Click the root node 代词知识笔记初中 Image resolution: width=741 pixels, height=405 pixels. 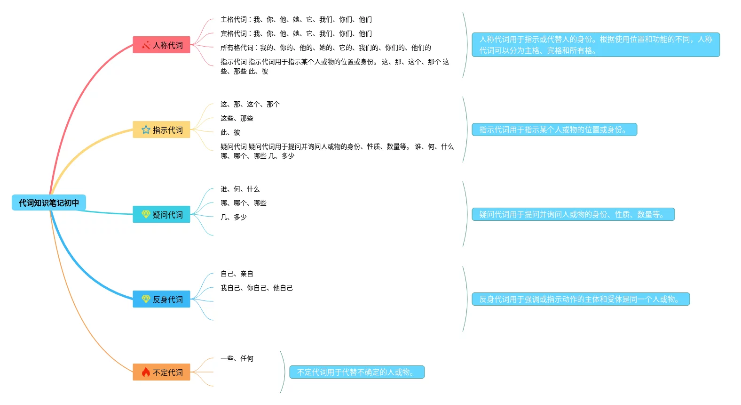(x=49, y=203)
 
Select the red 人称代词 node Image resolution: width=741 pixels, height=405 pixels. (x=161, y=45)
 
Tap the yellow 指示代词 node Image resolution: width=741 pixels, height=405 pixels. (x=161, y=130)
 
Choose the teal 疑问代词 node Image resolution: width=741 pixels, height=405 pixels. (x=161, y=215)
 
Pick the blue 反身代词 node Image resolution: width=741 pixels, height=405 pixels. (x=161, y=300)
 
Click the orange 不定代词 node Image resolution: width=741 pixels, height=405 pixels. (x=161, y=373)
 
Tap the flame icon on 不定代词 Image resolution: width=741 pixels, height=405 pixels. (x=146, y=372)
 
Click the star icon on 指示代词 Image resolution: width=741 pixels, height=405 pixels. (x=146, y=130)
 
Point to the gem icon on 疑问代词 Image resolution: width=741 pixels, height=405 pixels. (x=146, y=214)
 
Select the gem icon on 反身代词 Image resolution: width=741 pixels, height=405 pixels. (x=146, y=299)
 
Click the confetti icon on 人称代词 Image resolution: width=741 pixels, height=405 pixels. (x=146, y=45)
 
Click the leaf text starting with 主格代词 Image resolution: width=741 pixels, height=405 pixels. (x=296, y=19)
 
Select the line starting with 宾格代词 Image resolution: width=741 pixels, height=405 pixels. (x=296, y=33)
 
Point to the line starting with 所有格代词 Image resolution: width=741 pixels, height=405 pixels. (x=325, y=48)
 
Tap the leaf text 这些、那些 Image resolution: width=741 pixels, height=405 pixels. (x=236, y=118)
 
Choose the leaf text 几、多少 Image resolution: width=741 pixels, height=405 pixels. (x=233, y=217)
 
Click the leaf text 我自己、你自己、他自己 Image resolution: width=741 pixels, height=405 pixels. (x=256, y=288)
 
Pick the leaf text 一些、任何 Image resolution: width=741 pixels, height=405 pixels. (x=236, y=358)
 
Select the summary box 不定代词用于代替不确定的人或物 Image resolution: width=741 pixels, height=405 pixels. (x=357, y=372)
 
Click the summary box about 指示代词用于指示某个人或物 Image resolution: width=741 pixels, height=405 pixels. (x=554, y=130)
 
